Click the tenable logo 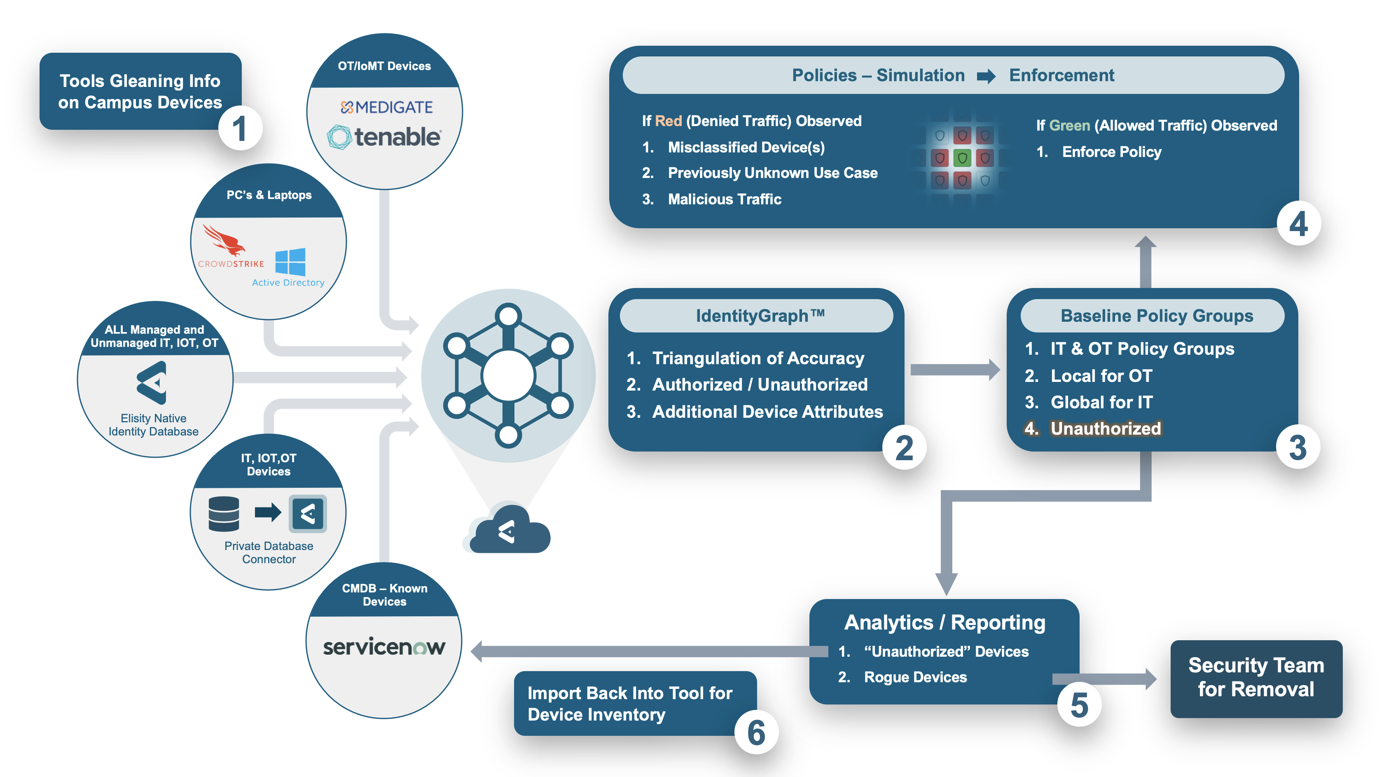[385, 137]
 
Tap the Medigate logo [386, 108]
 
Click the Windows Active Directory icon [290, 262]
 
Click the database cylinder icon [224, 514]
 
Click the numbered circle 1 [240, 129]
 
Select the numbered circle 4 [1298, 224]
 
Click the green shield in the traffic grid [962, 158]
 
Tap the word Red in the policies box [669, 121]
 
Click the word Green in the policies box [1069, 126]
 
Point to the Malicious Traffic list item [724, 199]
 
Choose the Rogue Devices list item [915, 677]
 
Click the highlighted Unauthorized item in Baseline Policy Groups [1105, 429]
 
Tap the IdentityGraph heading [759, 316]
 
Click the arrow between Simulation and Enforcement [986, 76]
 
